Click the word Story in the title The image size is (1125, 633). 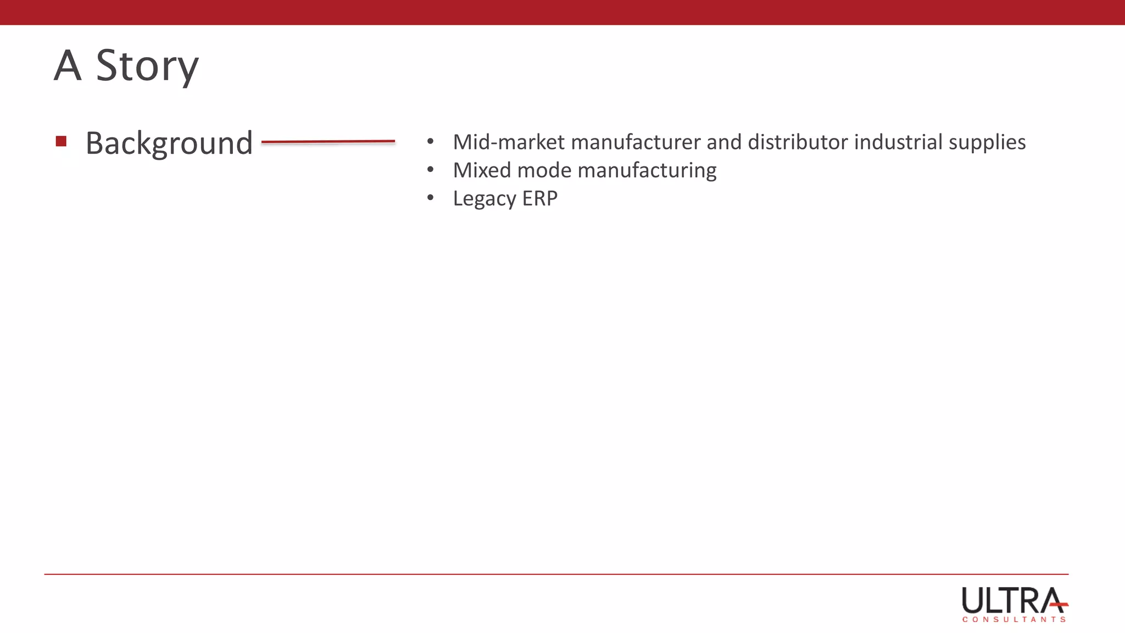tap(147, 66)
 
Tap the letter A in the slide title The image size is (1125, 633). tap(68, 66)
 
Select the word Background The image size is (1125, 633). tap(169, 143)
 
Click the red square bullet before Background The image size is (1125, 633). tap(61, 142)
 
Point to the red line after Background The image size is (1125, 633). tap(328, 142)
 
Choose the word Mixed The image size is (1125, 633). tap(482, 170)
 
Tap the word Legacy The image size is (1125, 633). tap(484, 199)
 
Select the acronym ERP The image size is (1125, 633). tap(539, 198)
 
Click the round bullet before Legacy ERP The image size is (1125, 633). tap(430, 198)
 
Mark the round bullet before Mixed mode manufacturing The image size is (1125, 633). tap(430, 170)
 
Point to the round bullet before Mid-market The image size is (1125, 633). tap(430, 142)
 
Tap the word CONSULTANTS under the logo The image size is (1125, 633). tap(1013, 619)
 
